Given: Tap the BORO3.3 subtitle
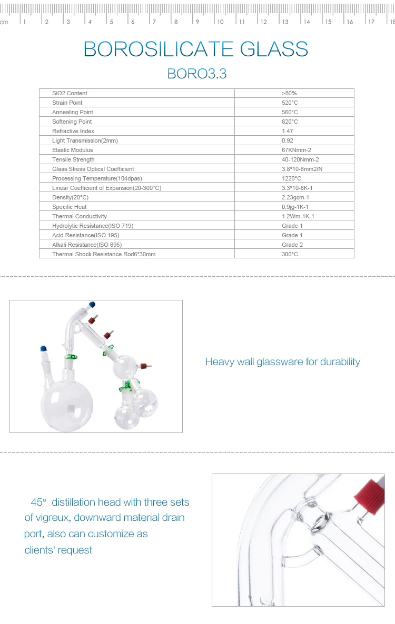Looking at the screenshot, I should [196, 74].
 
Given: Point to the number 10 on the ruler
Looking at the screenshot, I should [220, 22].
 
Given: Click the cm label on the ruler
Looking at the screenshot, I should [4, 22].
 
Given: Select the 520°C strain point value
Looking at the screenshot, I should [290, 103].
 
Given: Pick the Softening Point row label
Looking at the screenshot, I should [72, 122].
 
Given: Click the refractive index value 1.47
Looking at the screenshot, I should [288, 131].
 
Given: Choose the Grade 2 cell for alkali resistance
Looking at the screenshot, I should [292, 245].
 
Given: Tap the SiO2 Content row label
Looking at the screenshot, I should [70, 93].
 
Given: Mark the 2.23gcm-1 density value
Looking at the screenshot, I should [295, 197].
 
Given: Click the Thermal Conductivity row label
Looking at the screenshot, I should [79, 216].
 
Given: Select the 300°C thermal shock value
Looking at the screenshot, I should [290, 254].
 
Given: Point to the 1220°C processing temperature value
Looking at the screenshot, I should [291, 178].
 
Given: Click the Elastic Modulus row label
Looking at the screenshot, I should [72, 150].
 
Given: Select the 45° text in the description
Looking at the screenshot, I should [38, 502].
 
